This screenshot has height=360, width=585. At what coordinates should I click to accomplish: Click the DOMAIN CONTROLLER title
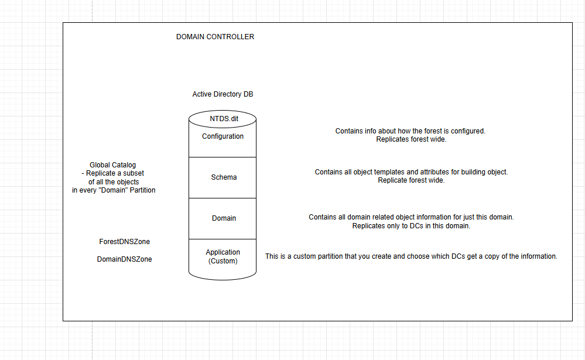[215, 36]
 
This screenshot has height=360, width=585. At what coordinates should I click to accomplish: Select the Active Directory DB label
[223, 94]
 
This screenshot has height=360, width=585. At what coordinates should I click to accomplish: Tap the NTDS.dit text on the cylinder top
[224, 119]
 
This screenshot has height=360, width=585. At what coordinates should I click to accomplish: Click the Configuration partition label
[223, 136]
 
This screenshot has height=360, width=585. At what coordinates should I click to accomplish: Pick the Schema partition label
[224, 177]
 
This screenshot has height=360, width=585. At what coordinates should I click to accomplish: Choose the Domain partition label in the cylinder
[224, 218]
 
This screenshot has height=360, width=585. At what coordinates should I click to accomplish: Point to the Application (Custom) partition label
[223, 256]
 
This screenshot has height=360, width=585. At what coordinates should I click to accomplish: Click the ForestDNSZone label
[125, 242]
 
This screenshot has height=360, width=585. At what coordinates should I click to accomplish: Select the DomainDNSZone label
[125, 259]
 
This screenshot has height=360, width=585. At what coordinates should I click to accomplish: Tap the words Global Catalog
[112, 165]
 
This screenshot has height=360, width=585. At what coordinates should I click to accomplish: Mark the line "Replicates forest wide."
[411, 139]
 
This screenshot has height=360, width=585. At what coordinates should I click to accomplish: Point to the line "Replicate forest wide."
[411, 180]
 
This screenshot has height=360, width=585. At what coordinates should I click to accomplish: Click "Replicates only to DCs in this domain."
[411, 226]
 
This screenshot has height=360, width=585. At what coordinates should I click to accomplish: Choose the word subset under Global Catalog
[133, 173]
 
